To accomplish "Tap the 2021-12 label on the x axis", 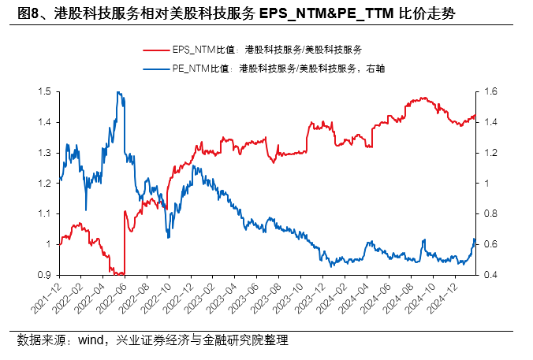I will (49, 299).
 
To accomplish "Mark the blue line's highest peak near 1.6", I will (117, 92).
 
